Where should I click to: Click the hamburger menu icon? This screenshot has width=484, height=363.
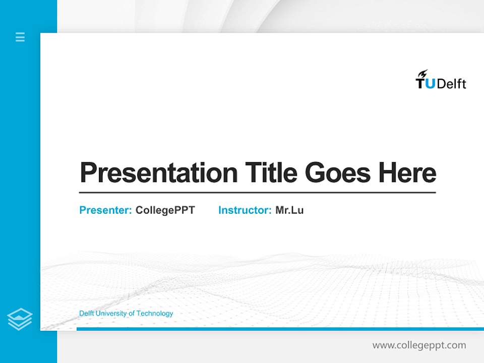click(x=20, y=37)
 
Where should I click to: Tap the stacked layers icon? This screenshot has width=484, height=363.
click(x=20, y=319)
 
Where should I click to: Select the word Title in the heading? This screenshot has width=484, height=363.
click(x=271, y=172)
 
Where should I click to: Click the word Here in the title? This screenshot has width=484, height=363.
click(x=407, y=172)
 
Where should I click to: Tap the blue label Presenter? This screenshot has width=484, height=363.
click(x=105, y=210)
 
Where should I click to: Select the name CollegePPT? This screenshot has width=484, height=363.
click(x=165, y=210)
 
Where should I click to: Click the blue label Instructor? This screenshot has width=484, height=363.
click(x=245, y=210)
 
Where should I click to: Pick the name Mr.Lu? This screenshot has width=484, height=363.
click(x=289, y=210)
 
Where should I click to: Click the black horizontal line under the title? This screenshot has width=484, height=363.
click(x=257, y=193)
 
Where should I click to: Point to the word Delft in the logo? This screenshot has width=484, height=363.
click(x=451, y=84)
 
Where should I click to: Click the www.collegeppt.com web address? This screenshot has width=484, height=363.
click(x=419, y=345)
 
